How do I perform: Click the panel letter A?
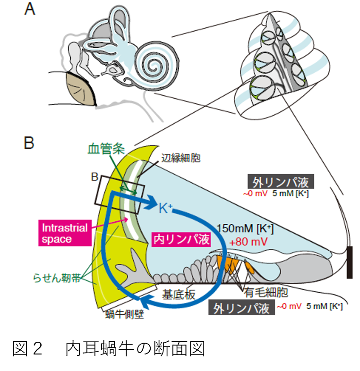(x=30, y=9)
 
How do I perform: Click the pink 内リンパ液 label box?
(x=181, y=240)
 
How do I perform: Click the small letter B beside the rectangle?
(x=95, y=177)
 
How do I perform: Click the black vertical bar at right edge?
(x=350, y=262)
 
